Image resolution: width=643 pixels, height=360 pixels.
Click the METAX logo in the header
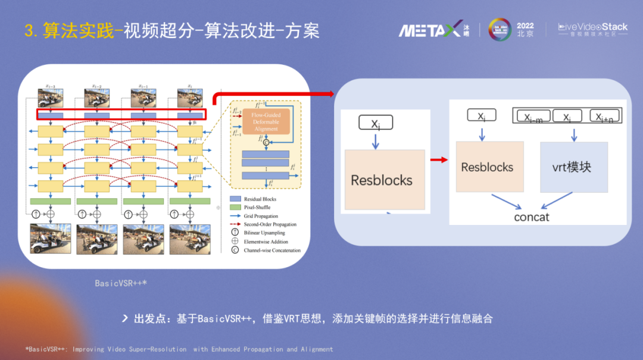pyautogui.click(x=430, y=29)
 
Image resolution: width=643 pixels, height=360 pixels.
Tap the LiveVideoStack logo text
pyautogui.click(x=592, y=27)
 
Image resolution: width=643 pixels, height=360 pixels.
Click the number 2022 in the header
pyautogui.click(x=525, y=26)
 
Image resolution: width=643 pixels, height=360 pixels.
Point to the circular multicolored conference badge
pyautogui.click(x=500, y=30)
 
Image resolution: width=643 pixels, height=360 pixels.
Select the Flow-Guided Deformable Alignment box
pyautogui.click(x=266, y=121)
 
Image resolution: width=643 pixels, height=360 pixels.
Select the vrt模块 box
pyautogui.click(x=574, y=167)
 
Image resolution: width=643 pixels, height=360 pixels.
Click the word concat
pyautogui.click(x=532, y=217)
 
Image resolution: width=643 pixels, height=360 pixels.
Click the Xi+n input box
pyautogui.click(x=604, y=117)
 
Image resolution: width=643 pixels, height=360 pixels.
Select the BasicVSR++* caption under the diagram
pyautogui.click(x=121, y=283)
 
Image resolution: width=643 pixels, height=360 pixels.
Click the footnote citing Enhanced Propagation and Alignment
pyautogui.click(x=179, y=349)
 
